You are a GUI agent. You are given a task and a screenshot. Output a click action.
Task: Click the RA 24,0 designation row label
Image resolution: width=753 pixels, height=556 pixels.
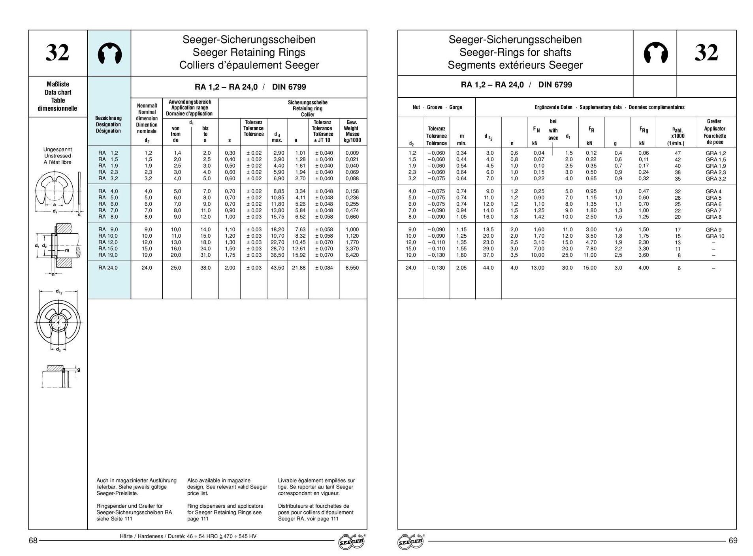(x=108, y=268)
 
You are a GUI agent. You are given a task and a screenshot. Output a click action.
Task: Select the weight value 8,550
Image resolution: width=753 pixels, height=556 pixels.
(x=352, y=268)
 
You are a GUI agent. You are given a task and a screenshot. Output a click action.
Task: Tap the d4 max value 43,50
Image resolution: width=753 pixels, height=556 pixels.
(x=277, y=268)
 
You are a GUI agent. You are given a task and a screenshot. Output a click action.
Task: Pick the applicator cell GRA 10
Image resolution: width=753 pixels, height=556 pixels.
(x=715, y=236)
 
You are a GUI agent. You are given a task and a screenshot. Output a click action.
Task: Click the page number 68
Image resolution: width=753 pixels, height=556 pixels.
(x=33, y=541)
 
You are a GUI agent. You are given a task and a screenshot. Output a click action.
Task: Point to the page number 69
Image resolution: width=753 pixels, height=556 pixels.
(x=732, y=541)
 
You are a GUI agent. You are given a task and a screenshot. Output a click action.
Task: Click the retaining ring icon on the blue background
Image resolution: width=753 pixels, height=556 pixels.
(x=109, y=53)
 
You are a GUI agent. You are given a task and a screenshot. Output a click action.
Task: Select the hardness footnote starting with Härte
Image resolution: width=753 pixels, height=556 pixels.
(x=188, y=536)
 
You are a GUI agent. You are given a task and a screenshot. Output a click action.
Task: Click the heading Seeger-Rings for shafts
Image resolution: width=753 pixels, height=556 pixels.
(x=515, y=52)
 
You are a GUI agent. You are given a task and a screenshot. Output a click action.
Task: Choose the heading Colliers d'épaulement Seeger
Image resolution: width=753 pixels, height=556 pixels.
(x=249, y=65)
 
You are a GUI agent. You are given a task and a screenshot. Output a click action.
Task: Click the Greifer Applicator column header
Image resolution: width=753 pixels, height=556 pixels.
(x=714, y=131)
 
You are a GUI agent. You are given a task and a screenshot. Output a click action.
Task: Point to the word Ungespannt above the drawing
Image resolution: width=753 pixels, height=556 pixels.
(x=58, y=149)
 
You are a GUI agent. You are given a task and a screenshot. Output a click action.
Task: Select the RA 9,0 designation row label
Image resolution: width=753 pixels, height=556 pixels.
(x=108, y=229)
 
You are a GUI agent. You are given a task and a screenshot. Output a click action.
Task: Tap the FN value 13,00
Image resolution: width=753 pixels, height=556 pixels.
(x=537, y=268)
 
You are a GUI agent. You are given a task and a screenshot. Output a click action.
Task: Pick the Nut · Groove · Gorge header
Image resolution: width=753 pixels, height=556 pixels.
(x=436, y=107)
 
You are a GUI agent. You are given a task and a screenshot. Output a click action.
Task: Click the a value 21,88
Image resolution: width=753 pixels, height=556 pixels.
(x=299, y=268)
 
